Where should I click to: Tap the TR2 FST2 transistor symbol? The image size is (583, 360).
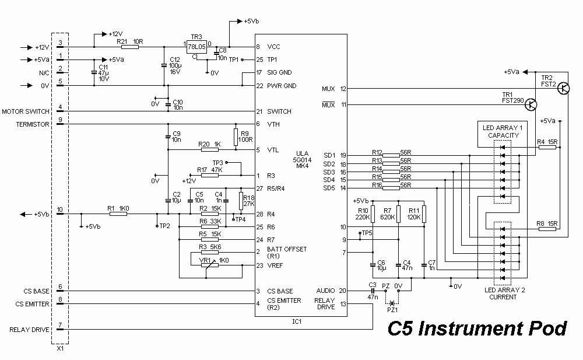click(563, 88)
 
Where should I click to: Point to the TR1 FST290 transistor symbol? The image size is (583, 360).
click(531, 104)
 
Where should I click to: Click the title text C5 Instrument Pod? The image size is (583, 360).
click(477, 329)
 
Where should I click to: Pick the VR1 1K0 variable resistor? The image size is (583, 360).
click(209, 265)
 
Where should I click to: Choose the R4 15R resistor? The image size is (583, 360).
click(547, 147)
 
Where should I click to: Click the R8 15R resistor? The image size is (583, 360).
click(547, 229)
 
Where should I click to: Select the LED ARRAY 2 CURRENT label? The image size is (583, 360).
click(503, 293)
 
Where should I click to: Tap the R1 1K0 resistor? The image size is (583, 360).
click(118, 214)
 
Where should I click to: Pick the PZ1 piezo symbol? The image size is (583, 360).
click(392, 303)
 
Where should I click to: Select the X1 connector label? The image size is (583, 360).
click(60, 349)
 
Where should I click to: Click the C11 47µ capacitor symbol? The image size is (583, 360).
click(94, 72)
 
